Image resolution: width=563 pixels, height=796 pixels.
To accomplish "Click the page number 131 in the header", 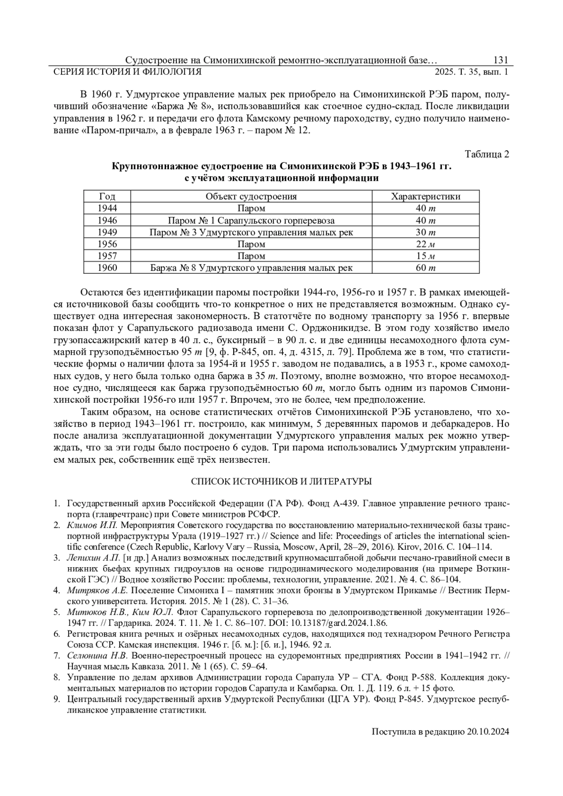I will pyautogui.click(x=501, y=60).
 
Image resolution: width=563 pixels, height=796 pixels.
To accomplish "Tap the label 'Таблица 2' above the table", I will pyautogui.click(x=487, y=154).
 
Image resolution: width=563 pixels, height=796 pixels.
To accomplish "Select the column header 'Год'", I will pyautogui.click(x=107, y=196).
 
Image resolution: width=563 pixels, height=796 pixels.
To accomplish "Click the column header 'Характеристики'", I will pyautogui.click(x=426, y=196).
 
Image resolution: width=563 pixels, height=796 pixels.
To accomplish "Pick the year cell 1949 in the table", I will pyautogui.click(x=107, y=232).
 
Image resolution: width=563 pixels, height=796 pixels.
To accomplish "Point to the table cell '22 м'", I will pyautogui.click(x=426, y=244).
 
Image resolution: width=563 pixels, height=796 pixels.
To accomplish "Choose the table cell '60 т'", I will pyautogui.click(x=426, y=268).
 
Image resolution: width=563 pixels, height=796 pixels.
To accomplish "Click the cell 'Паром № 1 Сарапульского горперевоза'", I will pyautogui.click(x=251, y=220).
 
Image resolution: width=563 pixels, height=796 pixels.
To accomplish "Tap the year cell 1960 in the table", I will pyautogui.click(x=107, y=268).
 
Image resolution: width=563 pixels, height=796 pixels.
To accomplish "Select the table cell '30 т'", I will pyautogui.click(x=426, y=232).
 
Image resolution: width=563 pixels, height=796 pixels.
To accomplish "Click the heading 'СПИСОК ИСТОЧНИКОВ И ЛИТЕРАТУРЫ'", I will pyautogui.click(x=281, y=481).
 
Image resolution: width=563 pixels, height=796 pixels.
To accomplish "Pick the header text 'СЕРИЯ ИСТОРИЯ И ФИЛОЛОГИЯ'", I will pyautogui.click(x=128, y=72).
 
